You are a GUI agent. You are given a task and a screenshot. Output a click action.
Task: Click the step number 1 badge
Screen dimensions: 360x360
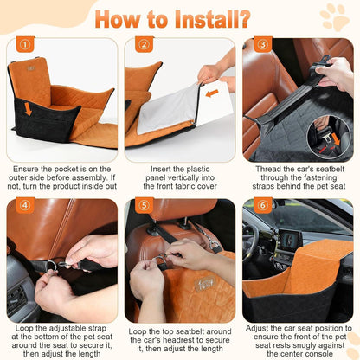(25, 44)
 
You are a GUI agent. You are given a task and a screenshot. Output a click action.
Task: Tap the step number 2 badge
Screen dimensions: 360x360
(144, 44)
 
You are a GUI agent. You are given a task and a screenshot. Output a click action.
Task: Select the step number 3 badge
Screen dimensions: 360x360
(263, 44)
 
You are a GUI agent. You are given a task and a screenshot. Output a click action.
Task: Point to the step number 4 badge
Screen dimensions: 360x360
(25, 205)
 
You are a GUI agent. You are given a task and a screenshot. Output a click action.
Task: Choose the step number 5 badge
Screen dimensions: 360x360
(144, 205)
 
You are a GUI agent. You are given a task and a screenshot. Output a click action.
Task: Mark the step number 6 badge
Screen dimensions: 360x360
(263, 205)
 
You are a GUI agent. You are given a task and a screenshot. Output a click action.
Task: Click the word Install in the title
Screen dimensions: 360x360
(212, 19)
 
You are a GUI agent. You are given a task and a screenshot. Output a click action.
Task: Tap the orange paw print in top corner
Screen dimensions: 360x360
(335, 17)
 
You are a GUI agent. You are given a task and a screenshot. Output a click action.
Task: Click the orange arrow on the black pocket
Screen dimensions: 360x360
(28, 109)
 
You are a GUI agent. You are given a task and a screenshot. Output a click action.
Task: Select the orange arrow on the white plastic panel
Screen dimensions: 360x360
(212, 93)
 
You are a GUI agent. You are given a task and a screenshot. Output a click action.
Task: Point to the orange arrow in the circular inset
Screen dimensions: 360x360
(336, 138)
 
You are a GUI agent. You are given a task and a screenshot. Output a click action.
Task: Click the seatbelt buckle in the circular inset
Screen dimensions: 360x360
(325, 136)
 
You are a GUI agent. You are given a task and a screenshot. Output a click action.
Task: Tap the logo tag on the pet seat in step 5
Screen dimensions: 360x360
(205, 284)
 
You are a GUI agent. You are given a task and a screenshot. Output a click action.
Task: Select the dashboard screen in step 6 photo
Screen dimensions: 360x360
(290, 240)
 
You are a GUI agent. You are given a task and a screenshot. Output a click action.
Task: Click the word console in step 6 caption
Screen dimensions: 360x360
(319, 354)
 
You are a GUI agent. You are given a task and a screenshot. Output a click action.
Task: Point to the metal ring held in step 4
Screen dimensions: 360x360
(52, 265)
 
